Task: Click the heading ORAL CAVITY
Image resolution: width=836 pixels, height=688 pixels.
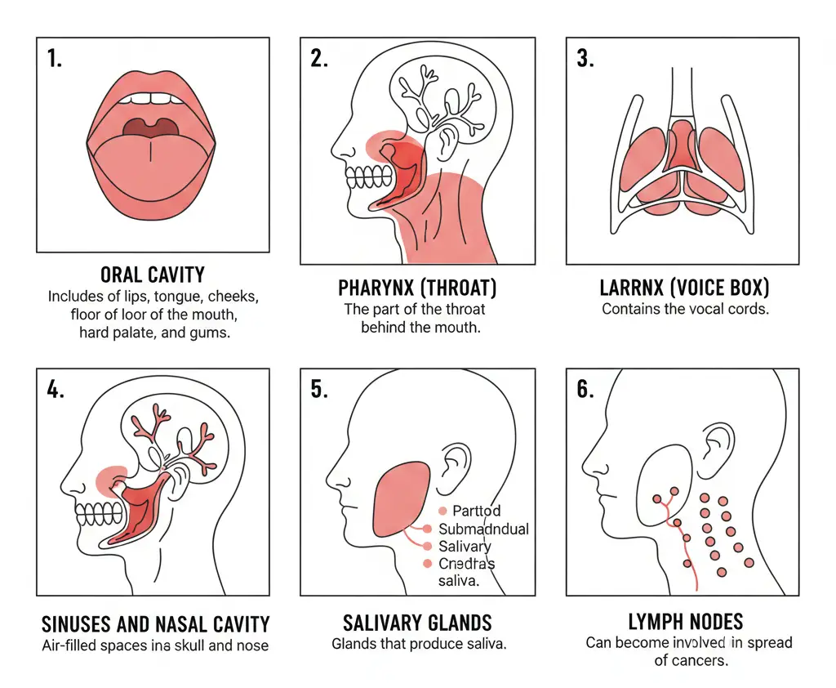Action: coord(153,275)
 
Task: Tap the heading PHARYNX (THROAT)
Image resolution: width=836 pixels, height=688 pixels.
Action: coord(417,288)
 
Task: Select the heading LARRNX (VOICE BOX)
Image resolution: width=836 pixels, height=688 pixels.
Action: coord(684,288)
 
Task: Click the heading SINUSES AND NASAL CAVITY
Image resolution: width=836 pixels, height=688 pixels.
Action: coord(155,625)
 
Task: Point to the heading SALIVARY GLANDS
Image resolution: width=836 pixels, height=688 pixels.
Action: coord(417,623)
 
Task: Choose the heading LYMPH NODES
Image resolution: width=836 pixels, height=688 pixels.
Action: coord(687,622)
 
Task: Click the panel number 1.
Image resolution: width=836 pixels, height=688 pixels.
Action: coord(55,60)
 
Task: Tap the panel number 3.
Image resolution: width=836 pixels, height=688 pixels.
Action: coord(585,60)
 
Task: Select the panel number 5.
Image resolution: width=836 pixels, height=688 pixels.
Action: coord(320,389)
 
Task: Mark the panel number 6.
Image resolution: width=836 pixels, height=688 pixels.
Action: coord(585,389)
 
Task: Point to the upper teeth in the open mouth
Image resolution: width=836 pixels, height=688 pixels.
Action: coord(153,99)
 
